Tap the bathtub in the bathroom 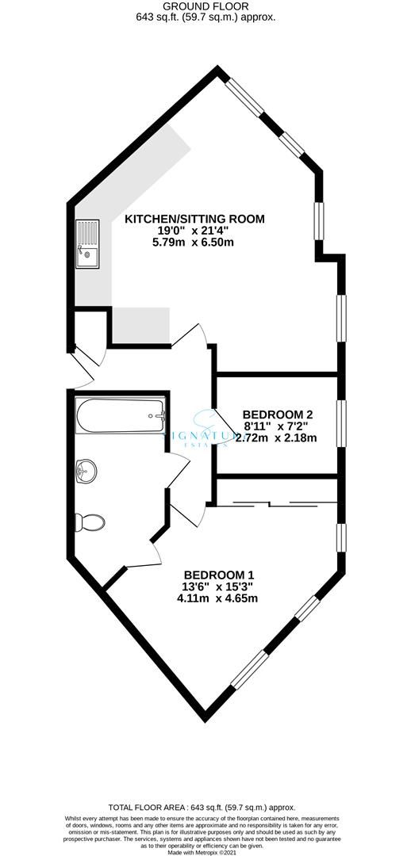point(120,415)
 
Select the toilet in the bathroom point(89,522)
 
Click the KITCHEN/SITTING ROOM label point(194,219)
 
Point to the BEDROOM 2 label point(278,414)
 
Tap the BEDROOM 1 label point(219,575)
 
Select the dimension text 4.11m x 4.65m point(219,598)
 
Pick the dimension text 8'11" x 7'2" point(278,426)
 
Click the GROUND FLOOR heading point(205,5)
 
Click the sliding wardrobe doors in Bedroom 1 point(270,503)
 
